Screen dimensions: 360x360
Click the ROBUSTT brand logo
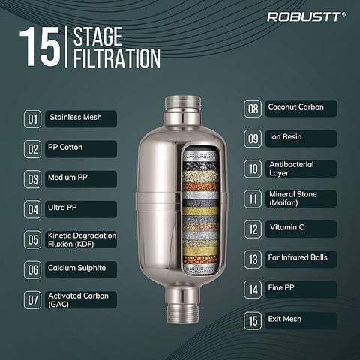(x=307, y=16)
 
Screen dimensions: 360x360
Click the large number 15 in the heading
(x=40, y=47)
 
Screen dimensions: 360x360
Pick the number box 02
(x=33, y=149)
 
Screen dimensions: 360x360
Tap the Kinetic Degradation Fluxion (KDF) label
(x=82, y=239)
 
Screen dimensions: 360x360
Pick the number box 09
(x=253, y=139)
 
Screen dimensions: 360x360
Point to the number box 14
(x=253, y=289)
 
